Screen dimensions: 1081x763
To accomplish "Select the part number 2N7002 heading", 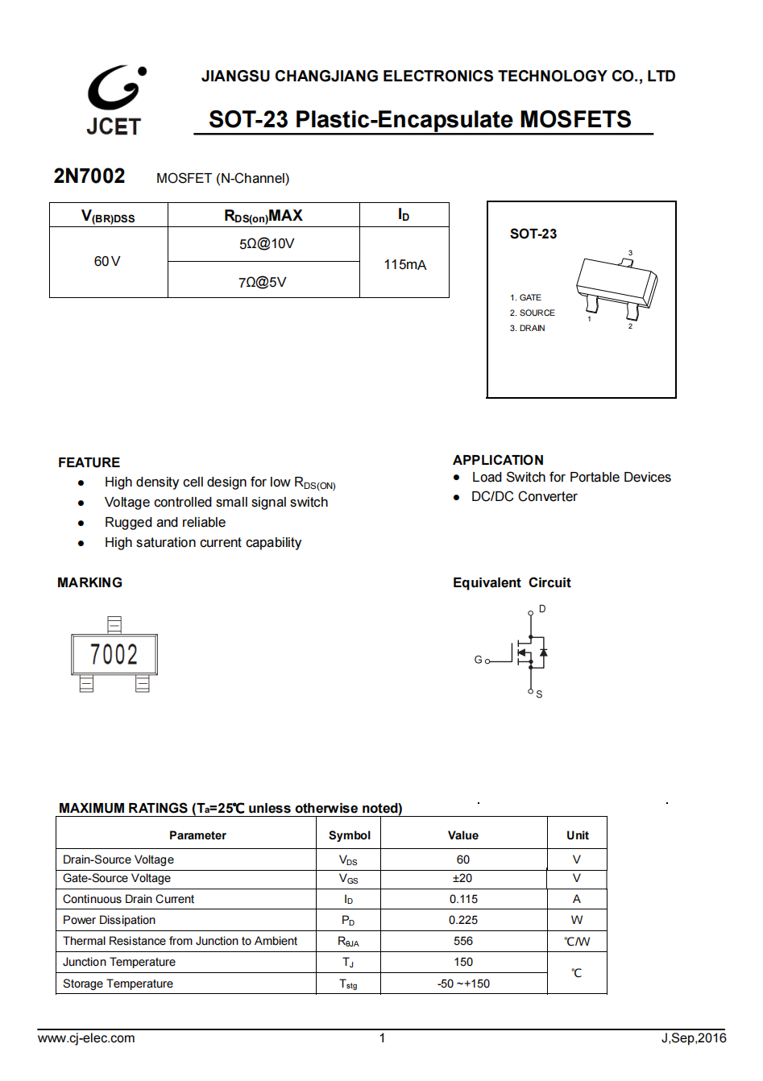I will [89, 176].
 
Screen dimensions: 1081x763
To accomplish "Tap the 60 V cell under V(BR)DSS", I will [107, 262].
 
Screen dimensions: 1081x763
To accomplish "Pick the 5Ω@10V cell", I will [267, 244].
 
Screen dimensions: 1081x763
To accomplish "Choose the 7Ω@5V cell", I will [262, 282].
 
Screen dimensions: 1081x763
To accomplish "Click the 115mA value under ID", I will [404, 264].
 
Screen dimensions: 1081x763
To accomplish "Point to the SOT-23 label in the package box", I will [533, 234].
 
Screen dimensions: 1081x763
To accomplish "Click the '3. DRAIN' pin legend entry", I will [527, 328].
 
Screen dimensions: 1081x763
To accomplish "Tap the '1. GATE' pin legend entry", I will [525, 297].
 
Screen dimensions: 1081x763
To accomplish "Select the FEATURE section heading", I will [89, 462].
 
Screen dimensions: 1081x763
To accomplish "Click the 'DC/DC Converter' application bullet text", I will [524, 496].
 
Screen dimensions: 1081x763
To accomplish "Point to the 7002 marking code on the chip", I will [114, 654].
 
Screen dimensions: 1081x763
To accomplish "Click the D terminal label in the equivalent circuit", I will [542, 609].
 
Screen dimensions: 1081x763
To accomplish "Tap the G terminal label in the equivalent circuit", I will [478, 660].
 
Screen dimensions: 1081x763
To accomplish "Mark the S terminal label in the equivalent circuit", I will [539, 694].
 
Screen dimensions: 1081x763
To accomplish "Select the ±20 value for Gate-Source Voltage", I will [462, 878].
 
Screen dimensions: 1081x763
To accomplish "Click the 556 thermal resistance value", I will [463, 941].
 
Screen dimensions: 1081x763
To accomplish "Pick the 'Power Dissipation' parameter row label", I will [110, 920].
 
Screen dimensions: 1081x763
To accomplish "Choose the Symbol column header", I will [350, 835].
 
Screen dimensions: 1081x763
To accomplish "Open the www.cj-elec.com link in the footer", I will [86, 1038].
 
